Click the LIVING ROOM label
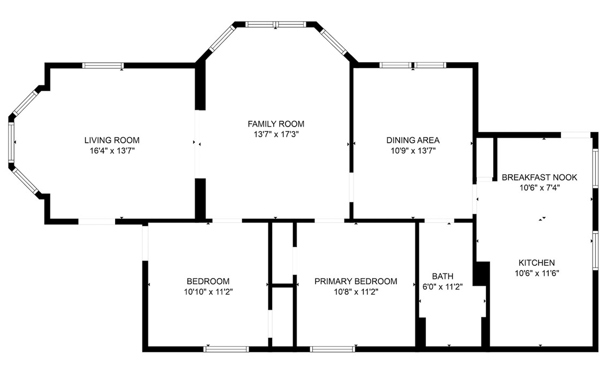tap(111, 140)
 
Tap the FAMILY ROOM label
tap(276, 124)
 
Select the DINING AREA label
tap(412, 140)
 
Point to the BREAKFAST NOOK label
tap(539, 177)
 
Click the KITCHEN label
tap(536, 263)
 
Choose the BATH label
tap(442, 276)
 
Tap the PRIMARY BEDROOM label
tap(356, 281)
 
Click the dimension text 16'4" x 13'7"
tap(111, 151)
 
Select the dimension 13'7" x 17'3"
tap(276, 135)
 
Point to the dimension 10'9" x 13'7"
tap(412, 151)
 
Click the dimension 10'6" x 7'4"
tap(539, 188)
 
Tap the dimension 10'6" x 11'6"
tap(536, 273)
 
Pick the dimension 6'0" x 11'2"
tap(442, 286)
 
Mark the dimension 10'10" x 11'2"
tap(208, 292)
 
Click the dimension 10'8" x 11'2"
tap(356, 292)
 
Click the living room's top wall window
tap(103, 65)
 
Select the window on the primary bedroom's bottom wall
tap(333, 349)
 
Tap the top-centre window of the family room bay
tap(275, 24)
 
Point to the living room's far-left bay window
tap(11, 142)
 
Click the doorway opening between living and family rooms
tap(198, 144)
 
